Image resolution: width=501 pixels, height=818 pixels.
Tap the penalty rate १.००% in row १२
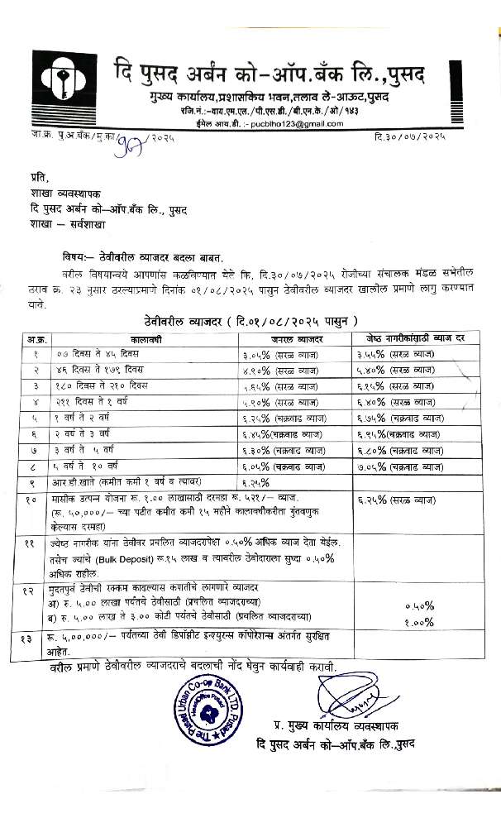[x=420, y=622]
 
